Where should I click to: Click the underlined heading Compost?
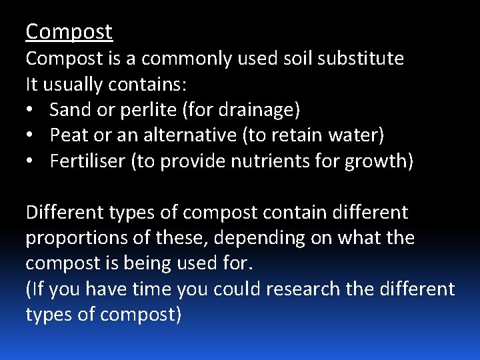click(69, 31)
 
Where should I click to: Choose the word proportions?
click(70, 238)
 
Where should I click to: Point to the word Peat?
click(65, 135)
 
